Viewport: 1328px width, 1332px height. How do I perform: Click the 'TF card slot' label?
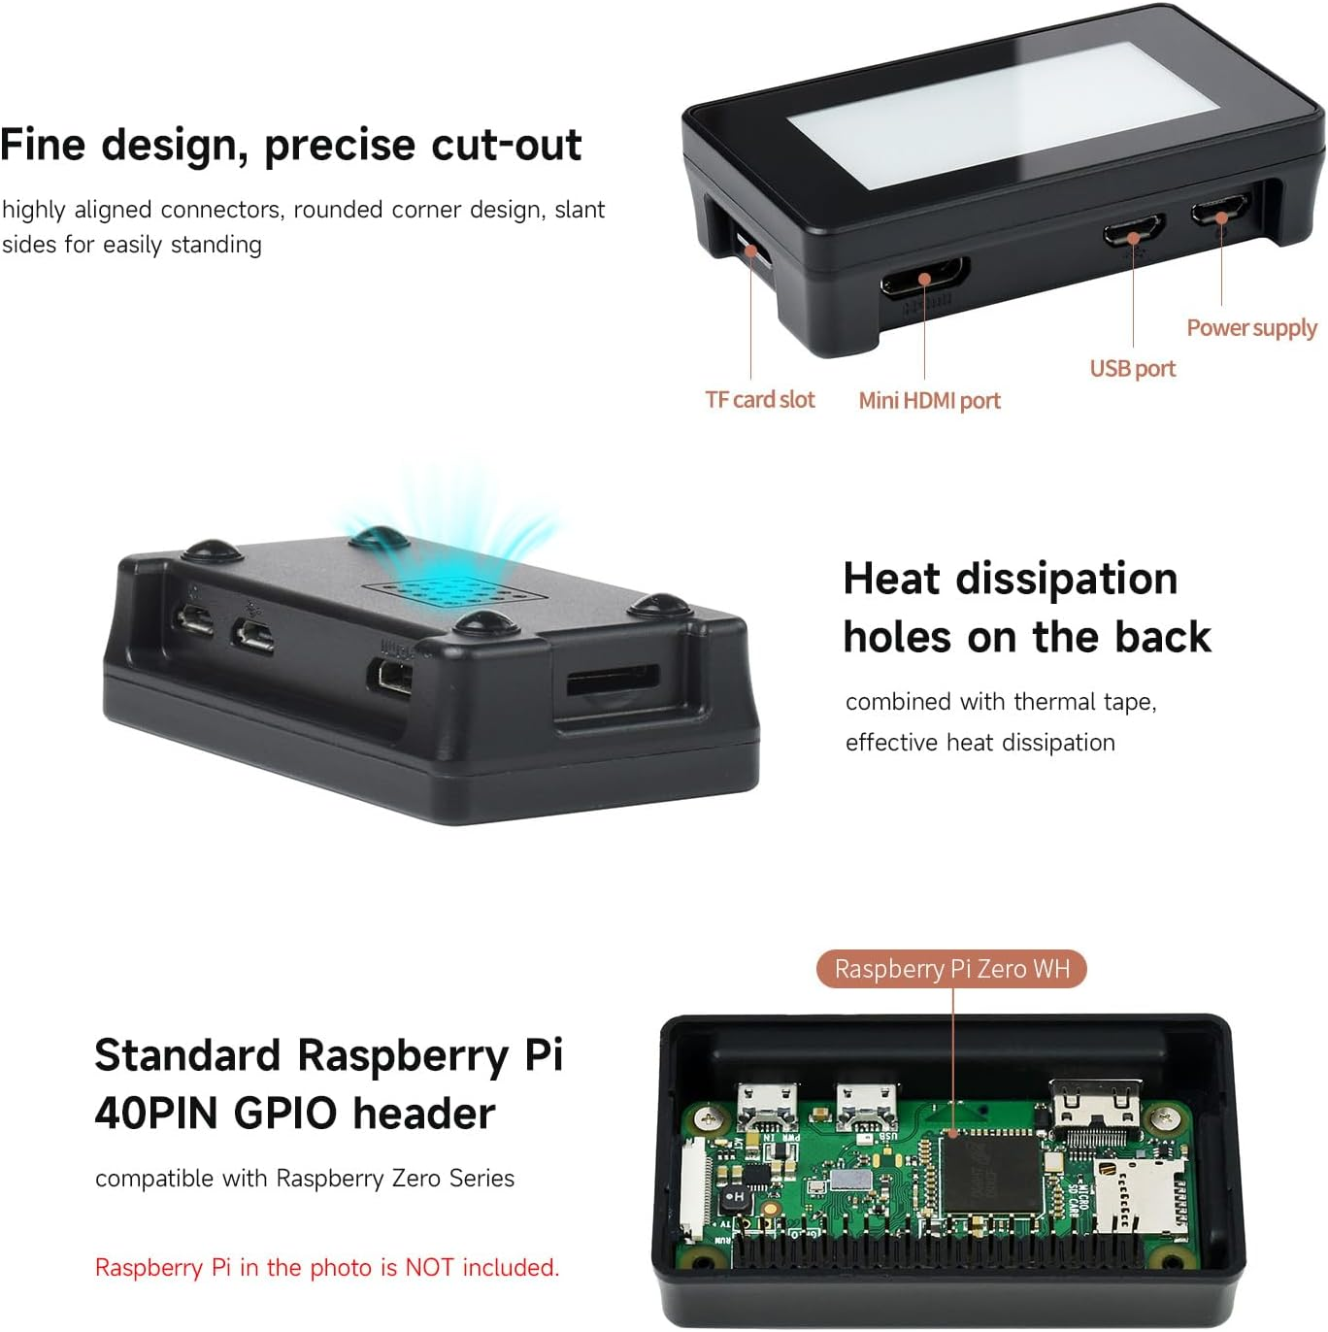tap(759, 400)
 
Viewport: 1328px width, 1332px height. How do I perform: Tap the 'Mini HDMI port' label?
tap(929, 401)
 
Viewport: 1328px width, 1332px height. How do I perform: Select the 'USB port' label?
tap(1132, 369)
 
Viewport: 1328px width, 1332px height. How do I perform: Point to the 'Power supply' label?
tap(1251, 328)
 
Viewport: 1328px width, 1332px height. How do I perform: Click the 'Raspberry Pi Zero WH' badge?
tap(951, 969)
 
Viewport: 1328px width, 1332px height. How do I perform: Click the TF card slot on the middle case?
tap(613, 679)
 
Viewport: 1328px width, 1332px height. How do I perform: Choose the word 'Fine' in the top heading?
tap(44, 146)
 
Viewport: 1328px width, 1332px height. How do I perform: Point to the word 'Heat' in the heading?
tap(892, 580)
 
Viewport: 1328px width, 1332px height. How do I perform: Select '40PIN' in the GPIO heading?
tap(155, 1114)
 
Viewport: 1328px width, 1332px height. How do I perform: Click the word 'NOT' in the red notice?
tap(430, 1268)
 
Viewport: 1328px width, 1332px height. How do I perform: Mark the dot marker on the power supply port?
tap(1221, 216)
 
